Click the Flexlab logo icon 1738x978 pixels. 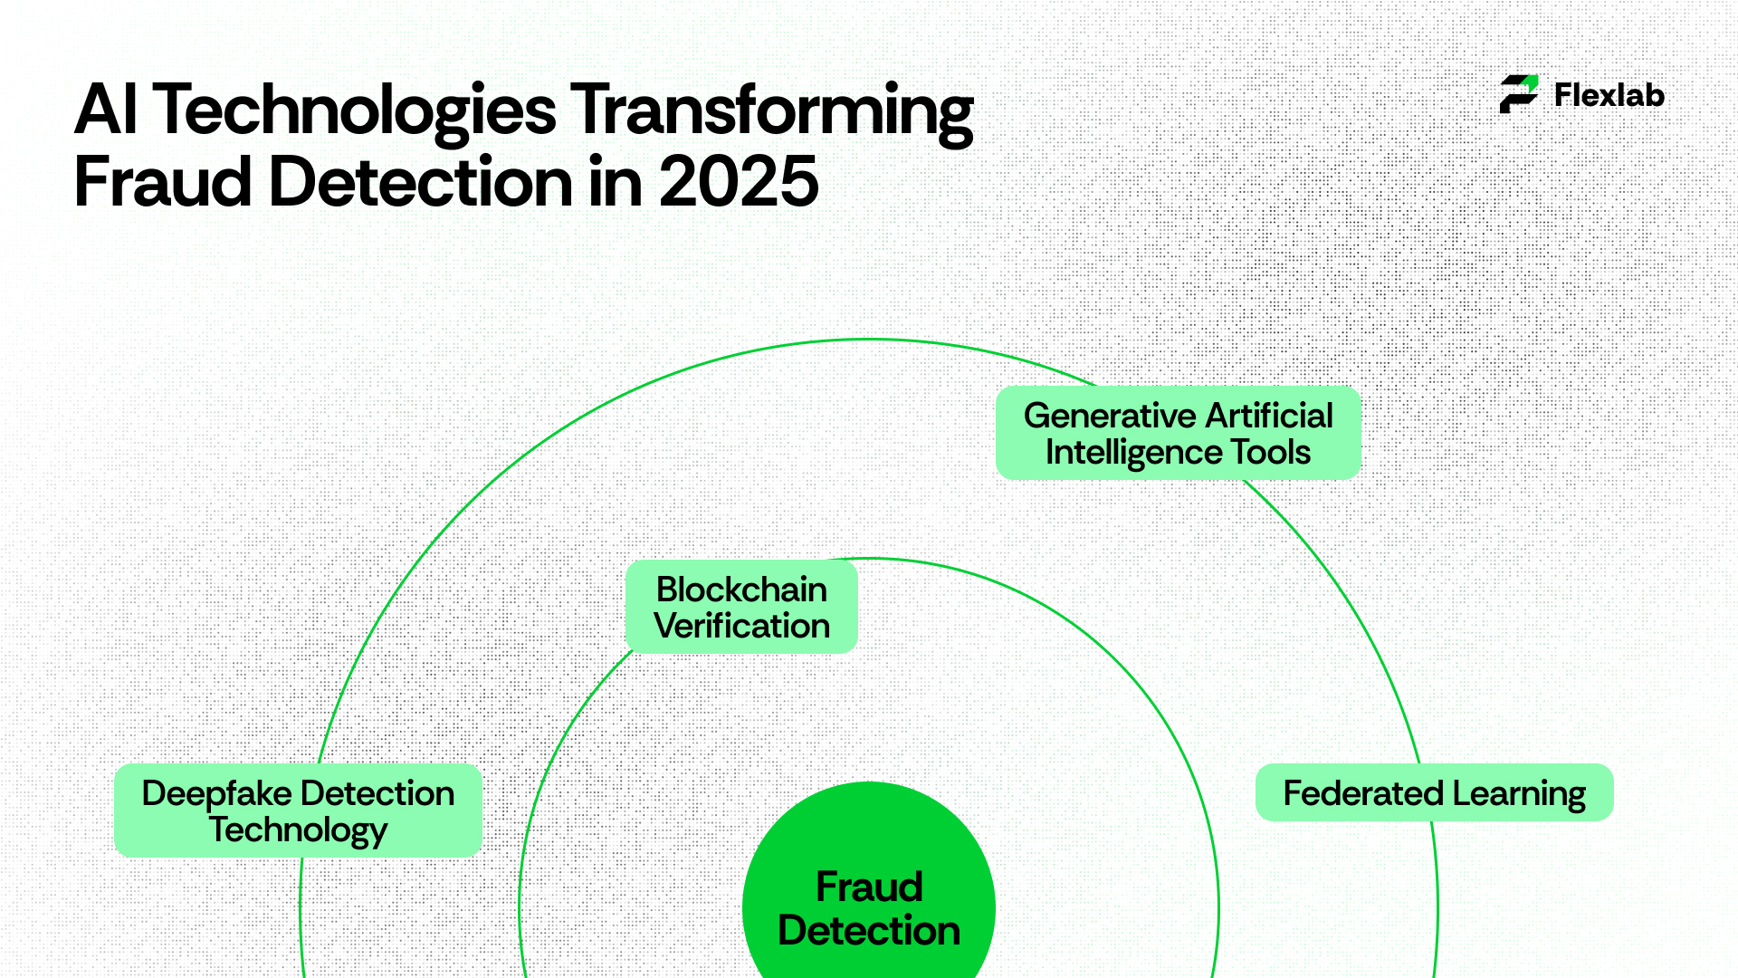(x=1519, y=94)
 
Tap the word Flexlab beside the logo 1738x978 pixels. (x=1609, y=95)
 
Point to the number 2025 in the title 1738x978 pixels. (x=739, y=182)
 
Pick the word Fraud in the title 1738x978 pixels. (x=163, y=182)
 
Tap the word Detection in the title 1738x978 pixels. (x=421, y=182)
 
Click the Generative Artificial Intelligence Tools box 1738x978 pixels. (x=1179, y=433)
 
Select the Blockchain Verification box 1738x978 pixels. (x=741, y=607)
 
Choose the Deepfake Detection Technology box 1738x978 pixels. (x=298, y=810)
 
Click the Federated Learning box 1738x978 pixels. (x=1435, y=792)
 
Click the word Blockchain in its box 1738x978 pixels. (x=741, y=590)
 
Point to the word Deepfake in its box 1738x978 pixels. (x=217, y=794)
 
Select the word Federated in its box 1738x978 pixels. (x=1363, y=793)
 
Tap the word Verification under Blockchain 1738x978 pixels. (x=741, y=626)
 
